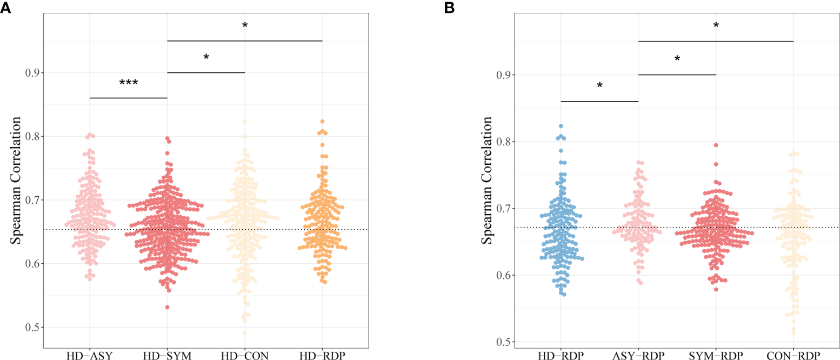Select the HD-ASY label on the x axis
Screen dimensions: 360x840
pyautogui.click(x=90, y=355)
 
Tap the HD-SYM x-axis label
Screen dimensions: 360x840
pyautogui.click(x=167, y=355)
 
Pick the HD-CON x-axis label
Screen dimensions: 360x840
pyautogui.click(x=245, y=355)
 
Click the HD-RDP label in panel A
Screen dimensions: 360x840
pyautogui.click(x=322, y=355)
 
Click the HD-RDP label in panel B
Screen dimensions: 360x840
pyautogui.click(x=561, y=355)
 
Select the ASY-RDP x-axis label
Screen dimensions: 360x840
pyautogui.click(x=638, y=355)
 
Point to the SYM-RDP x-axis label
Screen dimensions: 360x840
pyautogui.click(x=716, y=355)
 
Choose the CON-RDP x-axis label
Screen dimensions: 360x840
pyautogui.click(x=793, y=355)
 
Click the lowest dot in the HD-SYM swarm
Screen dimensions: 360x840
pyautogui.click(x=168, y=307)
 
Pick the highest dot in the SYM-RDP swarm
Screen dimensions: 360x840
pyautogui.click(x=716, y=145)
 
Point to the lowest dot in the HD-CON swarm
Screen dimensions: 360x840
pyautogui.click(x=245, y=333)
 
